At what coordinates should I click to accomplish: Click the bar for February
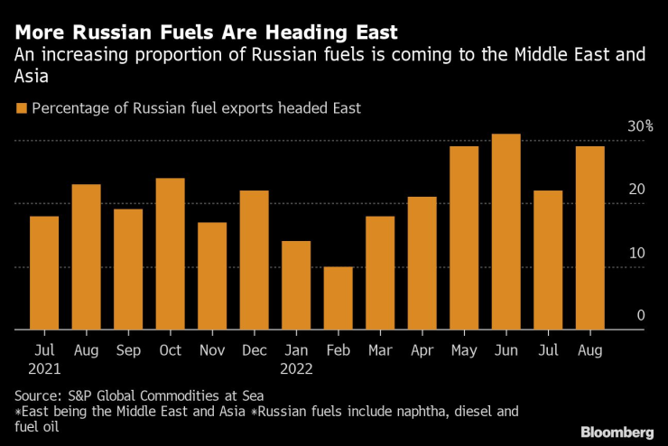(338, 299)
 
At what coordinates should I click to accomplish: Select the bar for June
(506, 232)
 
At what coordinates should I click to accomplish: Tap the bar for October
(170, 255)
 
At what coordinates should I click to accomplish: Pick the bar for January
(296, 286)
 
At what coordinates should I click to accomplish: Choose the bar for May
(464, 238)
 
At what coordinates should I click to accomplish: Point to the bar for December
(255, 261)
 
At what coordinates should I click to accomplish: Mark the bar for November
(212, 276)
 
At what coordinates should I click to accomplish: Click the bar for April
(422, 264)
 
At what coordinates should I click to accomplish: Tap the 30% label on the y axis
(641, 126)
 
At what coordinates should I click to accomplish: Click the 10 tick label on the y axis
(637, 253)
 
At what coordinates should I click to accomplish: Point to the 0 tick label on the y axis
(641, 315)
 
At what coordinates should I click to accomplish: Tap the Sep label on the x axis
(128, 348)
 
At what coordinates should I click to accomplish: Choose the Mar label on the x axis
(380, 348)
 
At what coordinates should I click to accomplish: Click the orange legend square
(21, 109)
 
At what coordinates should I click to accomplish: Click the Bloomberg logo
(617, 432)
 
